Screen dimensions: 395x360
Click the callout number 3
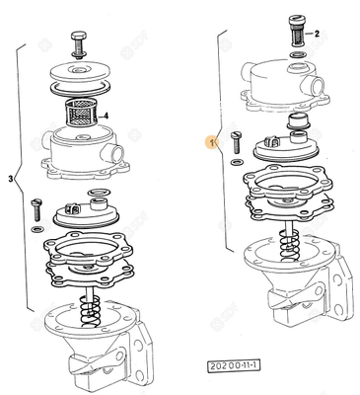pyautogui.click(x=11, y=179)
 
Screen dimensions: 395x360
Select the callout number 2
pyautogui.click(x=318, y=34)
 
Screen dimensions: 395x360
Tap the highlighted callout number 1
pyautogui.click(x=208, y=142)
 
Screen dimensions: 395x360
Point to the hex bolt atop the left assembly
pyautogui.click(x=80, y=43)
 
